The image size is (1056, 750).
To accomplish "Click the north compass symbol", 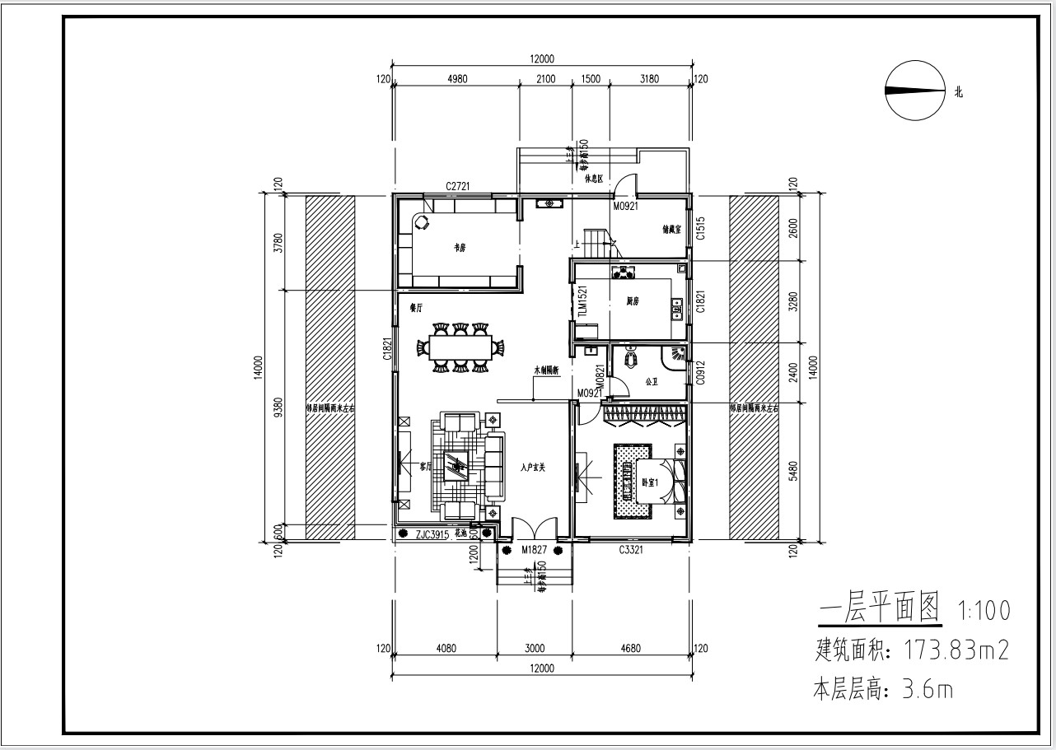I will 913,91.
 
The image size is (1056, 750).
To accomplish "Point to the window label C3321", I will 631,548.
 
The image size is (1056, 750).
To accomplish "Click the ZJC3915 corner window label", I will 432,534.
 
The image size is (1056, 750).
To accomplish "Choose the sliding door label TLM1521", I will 582,301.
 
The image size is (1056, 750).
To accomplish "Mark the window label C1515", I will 699,228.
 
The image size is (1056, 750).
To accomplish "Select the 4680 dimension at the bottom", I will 630,649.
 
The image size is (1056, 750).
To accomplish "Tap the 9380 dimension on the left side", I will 278,407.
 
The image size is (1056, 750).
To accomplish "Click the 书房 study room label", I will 459,247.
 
